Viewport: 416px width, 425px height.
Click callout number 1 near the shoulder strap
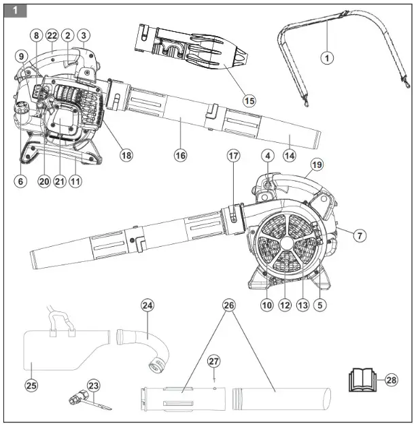coord(328,58)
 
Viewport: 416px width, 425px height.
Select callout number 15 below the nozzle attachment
coord(249,100)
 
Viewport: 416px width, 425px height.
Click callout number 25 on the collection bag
coord(31,386)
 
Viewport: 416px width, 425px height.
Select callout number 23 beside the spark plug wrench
coord(93,386)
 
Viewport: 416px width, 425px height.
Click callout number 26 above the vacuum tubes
coord(228,305)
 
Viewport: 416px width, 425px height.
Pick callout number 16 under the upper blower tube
coord(180,155)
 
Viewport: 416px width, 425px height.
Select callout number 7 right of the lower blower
coord(360,235)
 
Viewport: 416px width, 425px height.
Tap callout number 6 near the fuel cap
coord(20,182)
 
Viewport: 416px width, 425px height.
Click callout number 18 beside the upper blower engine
coord(126,154)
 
